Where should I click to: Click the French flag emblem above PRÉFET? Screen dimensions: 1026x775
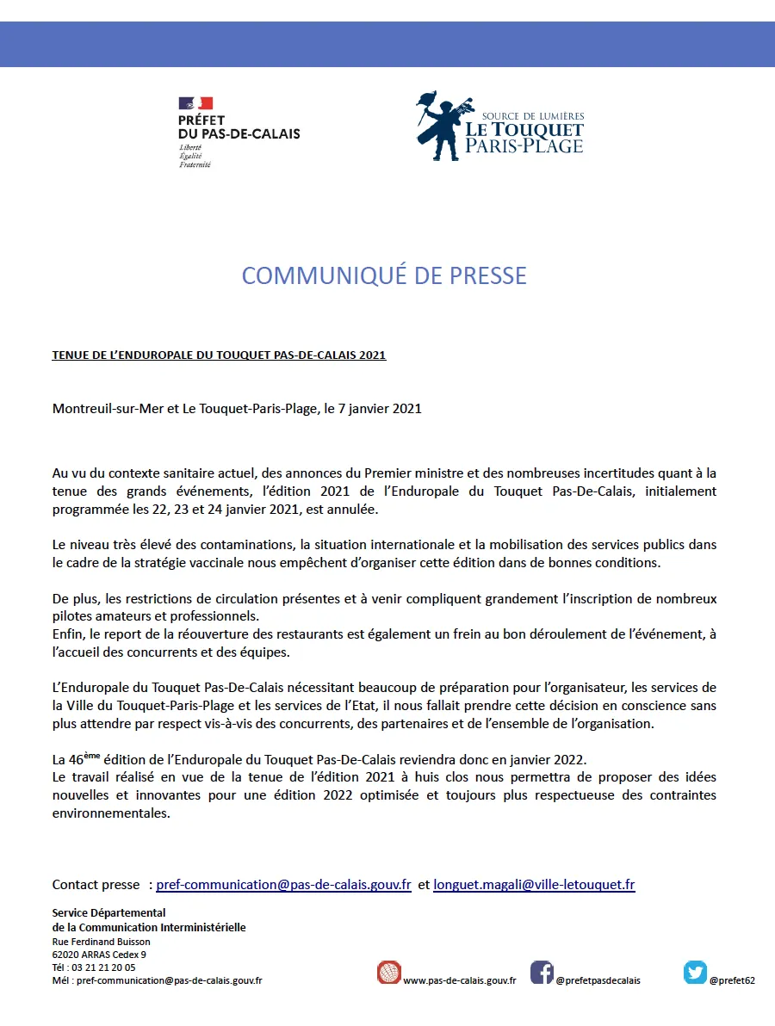[195, 103]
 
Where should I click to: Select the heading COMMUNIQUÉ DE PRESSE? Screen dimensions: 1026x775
[384, 275]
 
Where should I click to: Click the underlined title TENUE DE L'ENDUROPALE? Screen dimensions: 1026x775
[219, 355]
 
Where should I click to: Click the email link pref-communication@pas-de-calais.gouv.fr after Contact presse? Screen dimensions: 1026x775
[283, 884]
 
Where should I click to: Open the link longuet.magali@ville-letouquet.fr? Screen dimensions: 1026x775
[534, 884]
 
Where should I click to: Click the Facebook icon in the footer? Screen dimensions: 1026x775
[542, 972]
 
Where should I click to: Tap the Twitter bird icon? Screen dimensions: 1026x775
[696, 972]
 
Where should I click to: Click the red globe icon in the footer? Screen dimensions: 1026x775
[389, 972]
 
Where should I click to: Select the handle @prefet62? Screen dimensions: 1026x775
[732, 980]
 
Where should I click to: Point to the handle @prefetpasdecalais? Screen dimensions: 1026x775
[598, 980]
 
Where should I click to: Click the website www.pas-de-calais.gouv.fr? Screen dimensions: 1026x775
[459, 980]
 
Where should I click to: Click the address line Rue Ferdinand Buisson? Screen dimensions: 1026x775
[101, 941]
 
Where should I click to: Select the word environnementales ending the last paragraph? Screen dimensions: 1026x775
[111, 813]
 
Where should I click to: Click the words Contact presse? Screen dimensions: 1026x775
[96, 884]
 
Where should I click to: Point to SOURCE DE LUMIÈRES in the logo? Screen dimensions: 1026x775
[533, 116]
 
